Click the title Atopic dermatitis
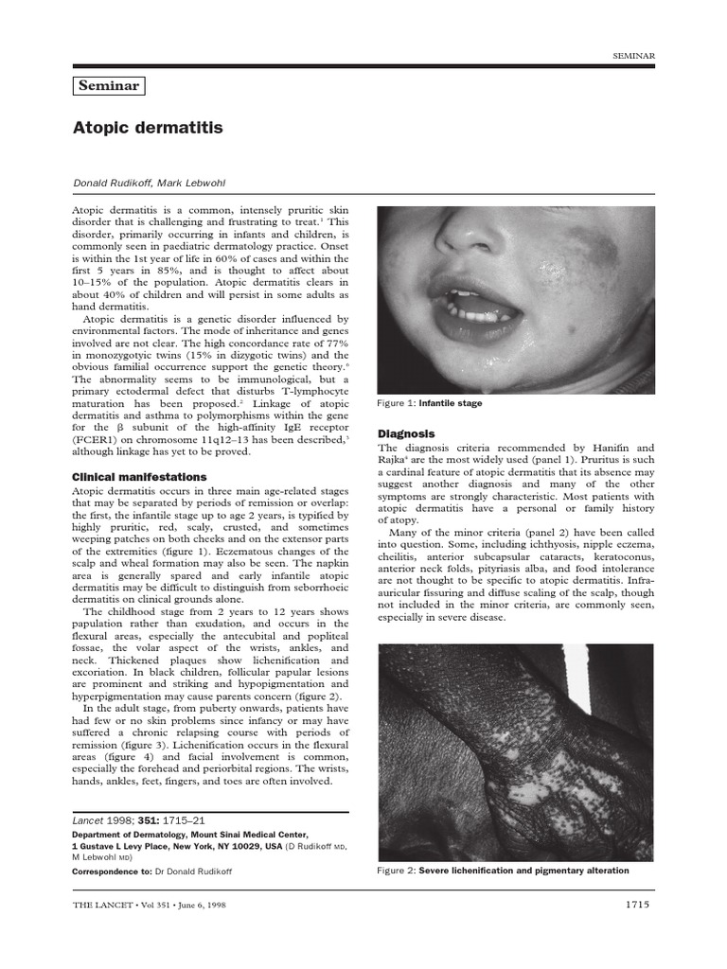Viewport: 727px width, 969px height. click(x=148, y=127)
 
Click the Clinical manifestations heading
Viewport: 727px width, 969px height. click(x=139, y=477)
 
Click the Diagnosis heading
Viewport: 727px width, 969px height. click(x=407, y=432)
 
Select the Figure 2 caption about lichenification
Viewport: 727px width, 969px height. click(x=503, y=871)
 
